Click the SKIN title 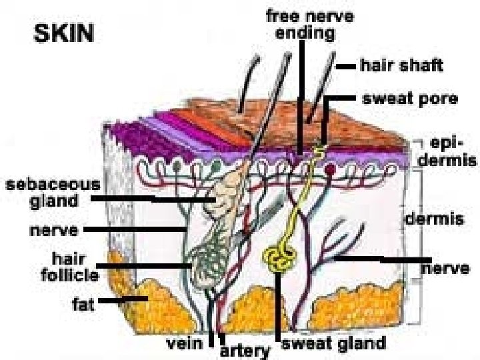(65, 33)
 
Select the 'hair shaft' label (401, 67)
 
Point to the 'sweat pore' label (409, 99)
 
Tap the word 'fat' (83, 303)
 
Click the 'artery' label (245, 349)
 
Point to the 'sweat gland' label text (333, 343)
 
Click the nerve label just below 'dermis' (445, 268)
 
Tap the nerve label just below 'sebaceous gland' (55, 231)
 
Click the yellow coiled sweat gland (280, 259)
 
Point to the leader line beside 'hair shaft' (346, 67)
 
